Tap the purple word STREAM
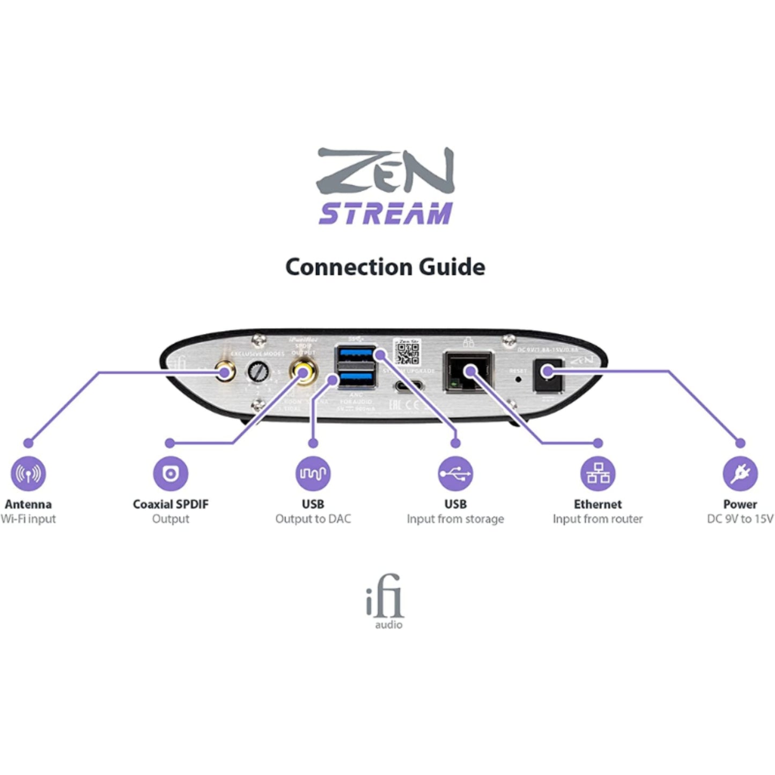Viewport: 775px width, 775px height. coord(385,213)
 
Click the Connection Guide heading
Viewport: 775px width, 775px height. coord(385,267)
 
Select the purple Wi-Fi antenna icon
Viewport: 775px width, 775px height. coord(28,474)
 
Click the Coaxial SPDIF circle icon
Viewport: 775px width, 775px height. coord(171,474)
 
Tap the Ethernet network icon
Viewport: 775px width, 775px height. coord(597,474)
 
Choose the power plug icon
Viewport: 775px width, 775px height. coord(740,474)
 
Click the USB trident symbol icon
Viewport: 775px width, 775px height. coord(455,474)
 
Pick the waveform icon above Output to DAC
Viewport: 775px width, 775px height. coord(313,474)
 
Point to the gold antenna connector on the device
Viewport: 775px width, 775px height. coord(224,372)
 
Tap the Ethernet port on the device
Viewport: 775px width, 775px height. coord(468,372)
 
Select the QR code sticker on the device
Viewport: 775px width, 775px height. coord(407,352)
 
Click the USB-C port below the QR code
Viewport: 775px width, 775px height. coord(409,386)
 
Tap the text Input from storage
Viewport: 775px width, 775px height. coord(455,519)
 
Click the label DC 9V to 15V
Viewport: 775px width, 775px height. coord(740,519)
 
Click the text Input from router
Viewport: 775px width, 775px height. coord(597,519)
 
